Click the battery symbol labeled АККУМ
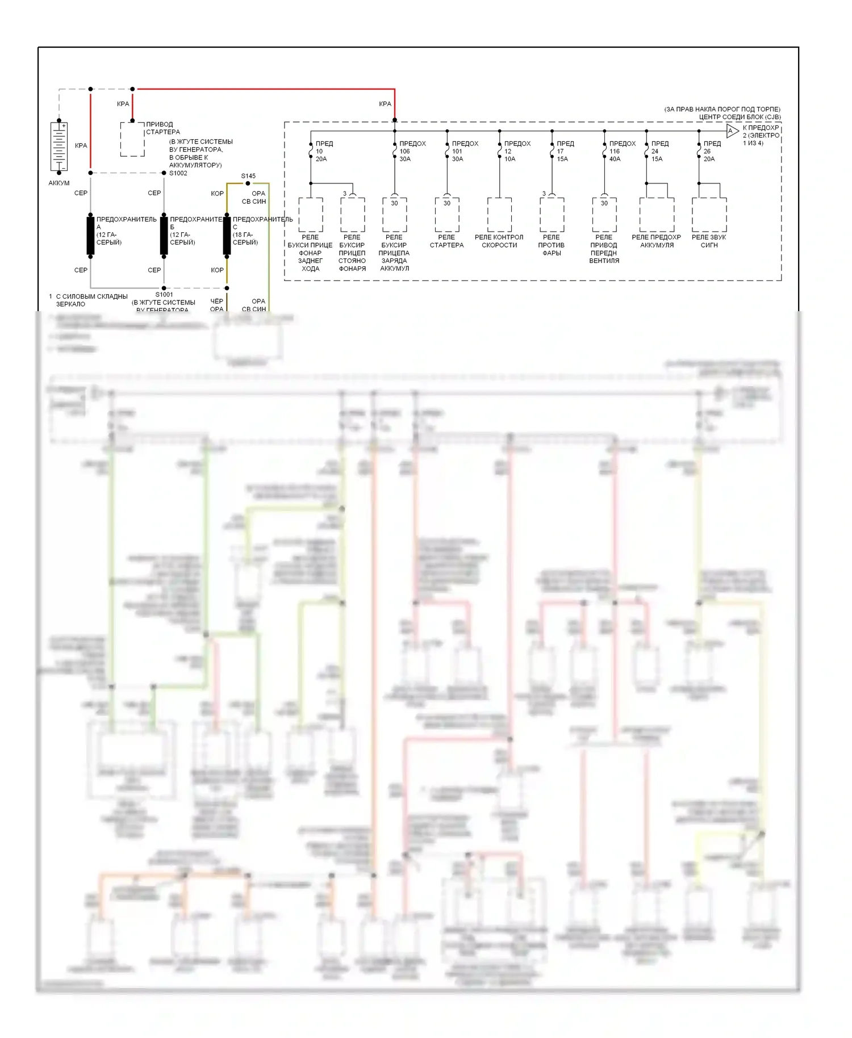[59, 146]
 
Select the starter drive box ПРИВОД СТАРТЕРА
[132, 139]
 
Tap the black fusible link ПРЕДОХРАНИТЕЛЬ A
[90, 235]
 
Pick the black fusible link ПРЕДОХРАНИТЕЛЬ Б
[164, 235]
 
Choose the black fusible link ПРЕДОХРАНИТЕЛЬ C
[227, 235]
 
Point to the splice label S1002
[178, 173]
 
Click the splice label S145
[248, 176]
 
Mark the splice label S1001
[164, 295]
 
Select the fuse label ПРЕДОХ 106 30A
[411, 151]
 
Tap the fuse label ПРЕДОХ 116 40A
[621, 151]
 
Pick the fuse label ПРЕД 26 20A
[711, 151]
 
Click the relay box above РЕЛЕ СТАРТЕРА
[447, 215]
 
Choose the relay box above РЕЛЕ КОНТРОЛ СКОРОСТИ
[499, 215]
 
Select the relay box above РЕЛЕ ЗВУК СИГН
[709, 215]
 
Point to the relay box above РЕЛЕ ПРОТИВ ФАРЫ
[552, 215]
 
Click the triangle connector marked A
[732, 131]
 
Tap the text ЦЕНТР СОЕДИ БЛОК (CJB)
[740, 117]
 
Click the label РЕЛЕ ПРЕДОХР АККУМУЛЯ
[656, 241]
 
